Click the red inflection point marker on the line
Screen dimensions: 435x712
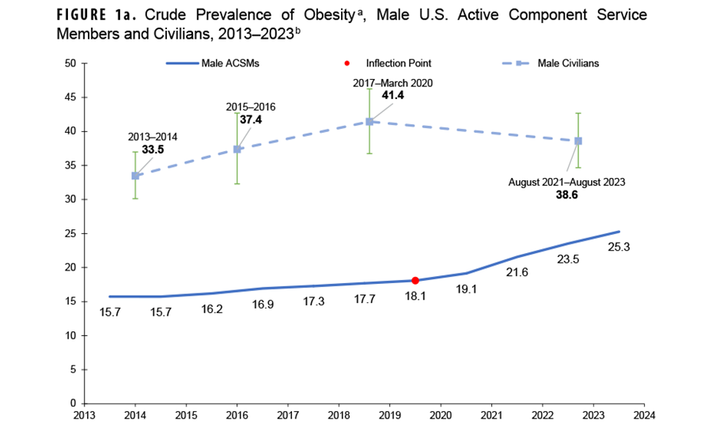point(415,280)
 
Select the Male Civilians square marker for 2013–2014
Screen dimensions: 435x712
point(135,176)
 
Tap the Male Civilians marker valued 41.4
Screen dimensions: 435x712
point(369,122)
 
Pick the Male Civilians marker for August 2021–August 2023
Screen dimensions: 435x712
point(578,141)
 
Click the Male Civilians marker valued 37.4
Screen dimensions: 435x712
point(237,149)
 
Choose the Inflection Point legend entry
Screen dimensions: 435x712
point(392,62)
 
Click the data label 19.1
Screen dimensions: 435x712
point(466,289)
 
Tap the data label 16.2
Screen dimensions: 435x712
point(212,309)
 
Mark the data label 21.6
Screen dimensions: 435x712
point(517,272)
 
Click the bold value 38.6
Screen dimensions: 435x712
point(567,195)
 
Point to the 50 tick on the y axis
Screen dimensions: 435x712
point(70,63)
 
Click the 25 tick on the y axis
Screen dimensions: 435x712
point(70,233)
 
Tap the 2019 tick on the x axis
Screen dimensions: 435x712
point(389,415)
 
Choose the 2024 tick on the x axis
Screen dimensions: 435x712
point(644,415)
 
